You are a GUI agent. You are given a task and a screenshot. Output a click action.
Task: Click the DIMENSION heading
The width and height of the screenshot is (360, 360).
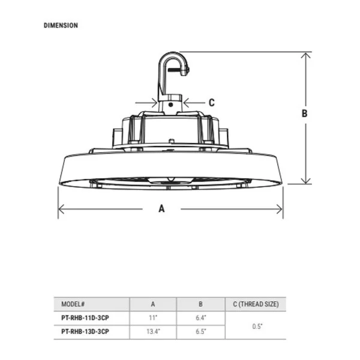(61, 25)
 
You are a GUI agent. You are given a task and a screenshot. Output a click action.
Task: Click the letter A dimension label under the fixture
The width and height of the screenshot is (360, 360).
(161, 209)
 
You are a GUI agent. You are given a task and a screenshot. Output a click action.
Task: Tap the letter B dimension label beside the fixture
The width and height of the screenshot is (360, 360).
(304, 113)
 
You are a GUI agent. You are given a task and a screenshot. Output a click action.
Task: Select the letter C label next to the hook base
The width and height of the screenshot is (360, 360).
(212, 103)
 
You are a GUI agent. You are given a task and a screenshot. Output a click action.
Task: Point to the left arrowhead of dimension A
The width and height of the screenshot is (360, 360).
(61, 209)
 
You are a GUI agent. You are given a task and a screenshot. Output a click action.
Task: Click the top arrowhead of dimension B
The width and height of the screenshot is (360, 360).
(306, 55)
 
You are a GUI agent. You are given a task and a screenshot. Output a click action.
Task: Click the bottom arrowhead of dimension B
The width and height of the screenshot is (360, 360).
(306, 181)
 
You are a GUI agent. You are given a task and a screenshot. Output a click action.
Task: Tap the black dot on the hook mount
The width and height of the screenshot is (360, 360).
(170, 104)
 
